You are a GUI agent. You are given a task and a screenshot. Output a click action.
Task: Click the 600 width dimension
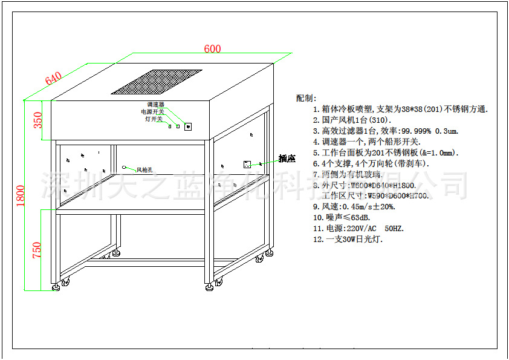tap(212, 49)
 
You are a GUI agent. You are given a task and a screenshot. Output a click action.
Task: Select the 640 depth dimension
tap(53, 79)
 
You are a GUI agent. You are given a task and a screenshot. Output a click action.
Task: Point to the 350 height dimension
tap(38, 120)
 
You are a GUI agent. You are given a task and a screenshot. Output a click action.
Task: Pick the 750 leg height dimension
tap(37, 250)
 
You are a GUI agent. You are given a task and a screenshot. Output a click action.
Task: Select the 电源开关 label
tap(152, 112)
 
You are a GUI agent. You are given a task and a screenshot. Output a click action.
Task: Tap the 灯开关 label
tap(154, 119)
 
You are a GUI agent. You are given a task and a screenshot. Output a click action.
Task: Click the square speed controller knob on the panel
tap(187, 126)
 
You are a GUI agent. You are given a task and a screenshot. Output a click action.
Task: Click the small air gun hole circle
tap(124, 167)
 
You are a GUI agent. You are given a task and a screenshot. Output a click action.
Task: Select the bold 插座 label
tap(287, 159)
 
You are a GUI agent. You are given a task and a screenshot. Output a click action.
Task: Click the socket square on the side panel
tap(247, 163)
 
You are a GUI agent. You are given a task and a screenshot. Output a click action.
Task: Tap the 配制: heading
tap(306, 98)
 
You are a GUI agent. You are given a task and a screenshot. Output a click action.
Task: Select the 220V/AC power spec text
tap(356, 228)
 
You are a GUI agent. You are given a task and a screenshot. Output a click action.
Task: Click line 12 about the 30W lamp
tap(348, 239)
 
